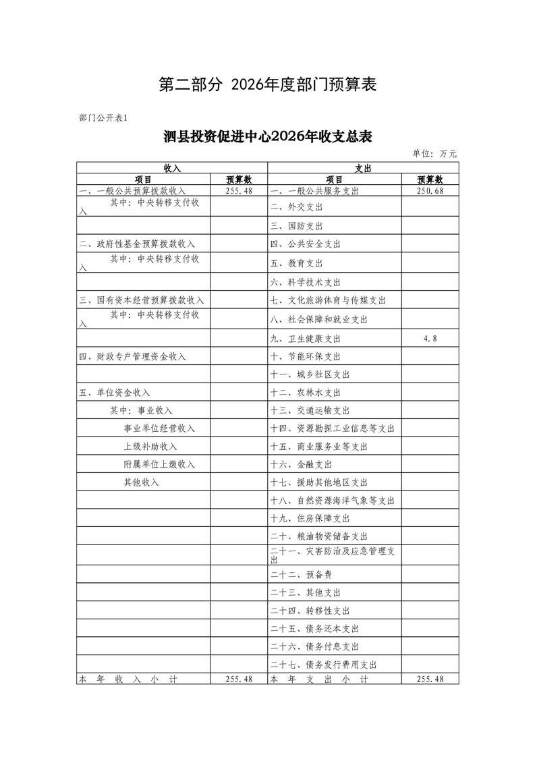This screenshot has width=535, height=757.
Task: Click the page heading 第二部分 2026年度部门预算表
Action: click(x=266, y=85)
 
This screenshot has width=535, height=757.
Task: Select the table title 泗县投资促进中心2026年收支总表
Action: click(x=268, y=137)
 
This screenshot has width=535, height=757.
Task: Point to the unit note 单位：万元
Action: click(x=434, y=154)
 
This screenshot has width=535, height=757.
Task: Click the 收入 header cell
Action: click(x=172, y=167)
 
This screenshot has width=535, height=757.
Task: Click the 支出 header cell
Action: click(x=364, y=167)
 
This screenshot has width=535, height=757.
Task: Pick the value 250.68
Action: click(x=430, y=191)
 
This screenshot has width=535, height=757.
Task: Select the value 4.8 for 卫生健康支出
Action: click(x=430, y=339)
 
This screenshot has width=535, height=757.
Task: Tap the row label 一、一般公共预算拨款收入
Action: click(x=132, y=191)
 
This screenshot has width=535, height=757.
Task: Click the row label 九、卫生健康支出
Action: click(x=306, y=339)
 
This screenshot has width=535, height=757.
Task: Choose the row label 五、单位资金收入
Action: click(x=115, y=393)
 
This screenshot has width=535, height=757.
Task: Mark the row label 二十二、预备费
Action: click(x=301, y=575)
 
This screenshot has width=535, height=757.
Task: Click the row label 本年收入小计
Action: click(x=128, y=679)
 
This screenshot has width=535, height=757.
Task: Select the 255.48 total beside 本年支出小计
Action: click(x=430, y=679)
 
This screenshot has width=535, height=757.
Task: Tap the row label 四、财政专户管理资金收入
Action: click(x=132, y=356)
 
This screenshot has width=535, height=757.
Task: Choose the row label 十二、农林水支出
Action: click(x=306, y=393)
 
